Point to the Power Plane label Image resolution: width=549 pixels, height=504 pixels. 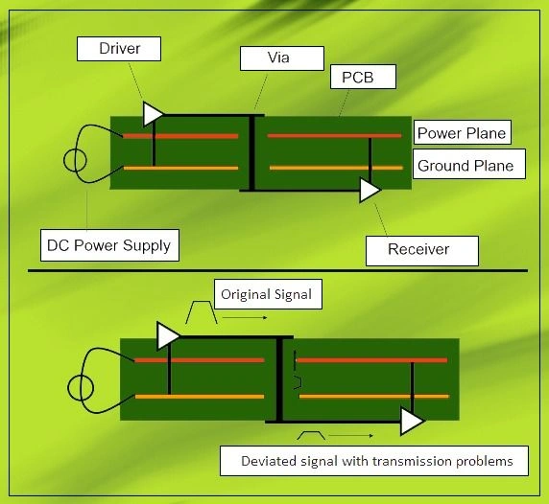pos(461,132)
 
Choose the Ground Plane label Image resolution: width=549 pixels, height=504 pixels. pos(465,165)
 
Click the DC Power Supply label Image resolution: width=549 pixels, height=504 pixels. pos(108,245)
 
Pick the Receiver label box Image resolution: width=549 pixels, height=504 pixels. pos(418,250)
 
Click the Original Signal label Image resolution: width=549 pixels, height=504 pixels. pos(266,294)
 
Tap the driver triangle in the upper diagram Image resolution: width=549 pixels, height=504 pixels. pos(153,114)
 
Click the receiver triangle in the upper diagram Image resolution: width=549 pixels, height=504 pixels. pos(370,191)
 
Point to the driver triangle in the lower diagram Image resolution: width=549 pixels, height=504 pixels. pos(167,335)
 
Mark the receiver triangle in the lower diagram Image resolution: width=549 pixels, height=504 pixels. pos(413,421)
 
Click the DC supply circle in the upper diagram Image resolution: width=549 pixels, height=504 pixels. pos(73,159)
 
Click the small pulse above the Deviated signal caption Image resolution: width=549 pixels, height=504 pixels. pos(313,436)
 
